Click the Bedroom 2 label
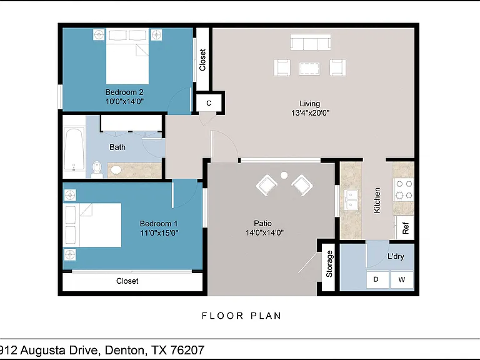124,92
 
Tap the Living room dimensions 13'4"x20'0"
310,113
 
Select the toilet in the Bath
97,169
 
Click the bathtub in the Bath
74,149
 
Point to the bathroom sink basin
116,170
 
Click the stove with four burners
404,189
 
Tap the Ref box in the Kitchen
405,227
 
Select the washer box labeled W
402,279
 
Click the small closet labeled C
209,103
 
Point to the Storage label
329,264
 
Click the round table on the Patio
284,175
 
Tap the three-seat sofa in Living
311,42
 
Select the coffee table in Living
309,68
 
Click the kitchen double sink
351,199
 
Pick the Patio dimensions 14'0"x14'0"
264,232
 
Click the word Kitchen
377,200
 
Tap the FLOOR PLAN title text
241,316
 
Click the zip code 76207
187,350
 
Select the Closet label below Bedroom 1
127,281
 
